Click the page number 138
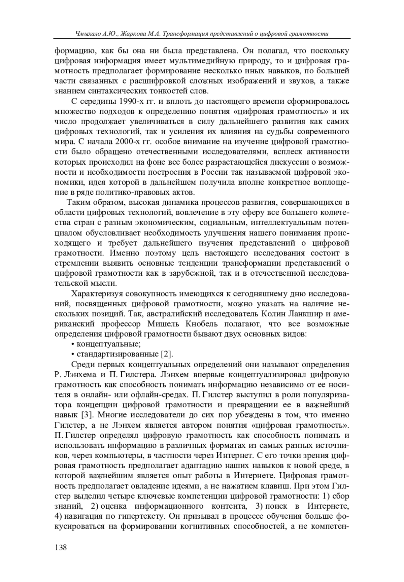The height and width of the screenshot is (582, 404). (x=61, y=547)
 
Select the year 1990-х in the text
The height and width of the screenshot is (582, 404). (x=129, y=101)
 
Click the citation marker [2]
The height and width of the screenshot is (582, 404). (x=167, y=354)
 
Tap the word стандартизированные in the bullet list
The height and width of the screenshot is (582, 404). (x=118, y=354)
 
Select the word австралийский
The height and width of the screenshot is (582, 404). (x=174, y=314)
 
